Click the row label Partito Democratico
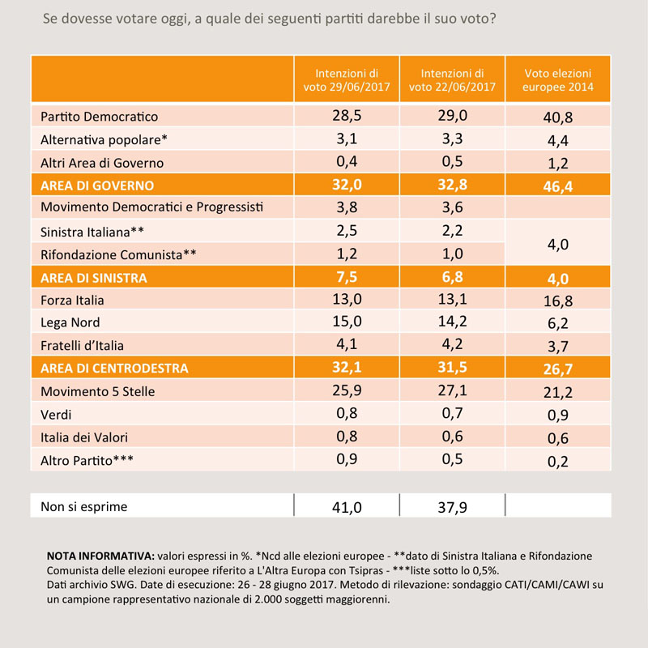coord(99,117)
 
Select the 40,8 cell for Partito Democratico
coord(558,117)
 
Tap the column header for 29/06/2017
coord(347,79)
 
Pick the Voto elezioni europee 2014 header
coord(558,79)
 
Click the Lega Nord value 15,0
coord(347,321)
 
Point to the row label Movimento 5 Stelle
coord(97,391)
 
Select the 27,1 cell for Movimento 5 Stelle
coord(453,390)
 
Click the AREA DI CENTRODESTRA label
coord(114,369)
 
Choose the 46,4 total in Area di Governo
coord(558,187)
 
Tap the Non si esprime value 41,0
coord(347,507)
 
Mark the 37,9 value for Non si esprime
coord(453,507)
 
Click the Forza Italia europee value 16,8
coord(558,301)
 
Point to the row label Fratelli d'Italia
coord(82,346)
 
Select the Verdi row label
coord(56,415)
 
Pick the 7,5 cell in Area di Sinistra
coord(347,277)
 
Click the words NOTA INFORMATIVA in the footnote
coord(100,556)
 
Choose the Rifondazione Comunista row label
coord(118,254)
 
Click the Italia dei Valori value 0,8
coord(347,437)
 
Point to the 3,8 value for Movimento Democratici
coord(347,207)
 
